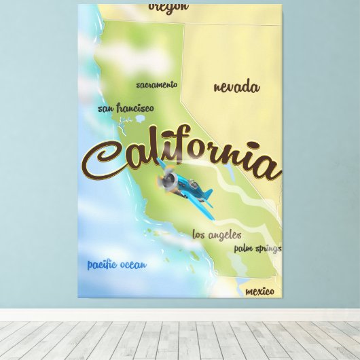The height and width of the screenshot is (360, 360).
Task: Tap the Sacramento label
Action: point(156,85)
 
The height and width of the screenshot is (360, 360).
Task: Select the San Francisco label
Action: point(126,108)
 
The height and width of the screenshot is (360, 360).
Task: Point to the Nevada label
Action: point(236,87)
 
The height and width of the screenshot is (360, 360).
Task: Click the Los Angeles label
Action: point(217,235)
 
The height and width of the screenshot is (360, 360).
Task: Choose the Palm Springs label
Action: point(257,249)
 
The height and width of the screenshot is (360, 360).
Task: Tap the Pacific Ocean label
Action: point(116,264)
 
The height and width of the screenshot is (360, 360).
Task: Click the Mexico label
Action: point(259,291)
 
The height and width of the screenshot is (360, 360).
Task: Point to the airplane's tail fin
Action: point(206,195)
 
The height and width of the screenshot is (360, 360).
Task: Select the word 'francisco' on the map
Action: point(135,108)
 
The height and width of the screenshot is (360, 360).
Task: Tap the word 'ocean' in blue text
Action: point(132,264)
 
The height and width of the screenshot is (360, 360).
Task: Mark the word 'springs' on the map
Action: point(268,249)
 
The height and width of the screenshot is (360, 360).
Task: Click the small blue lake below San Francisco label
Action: point(140,118)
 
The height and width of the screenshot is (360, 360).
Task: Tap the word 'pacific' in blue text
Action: point(102,264)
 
